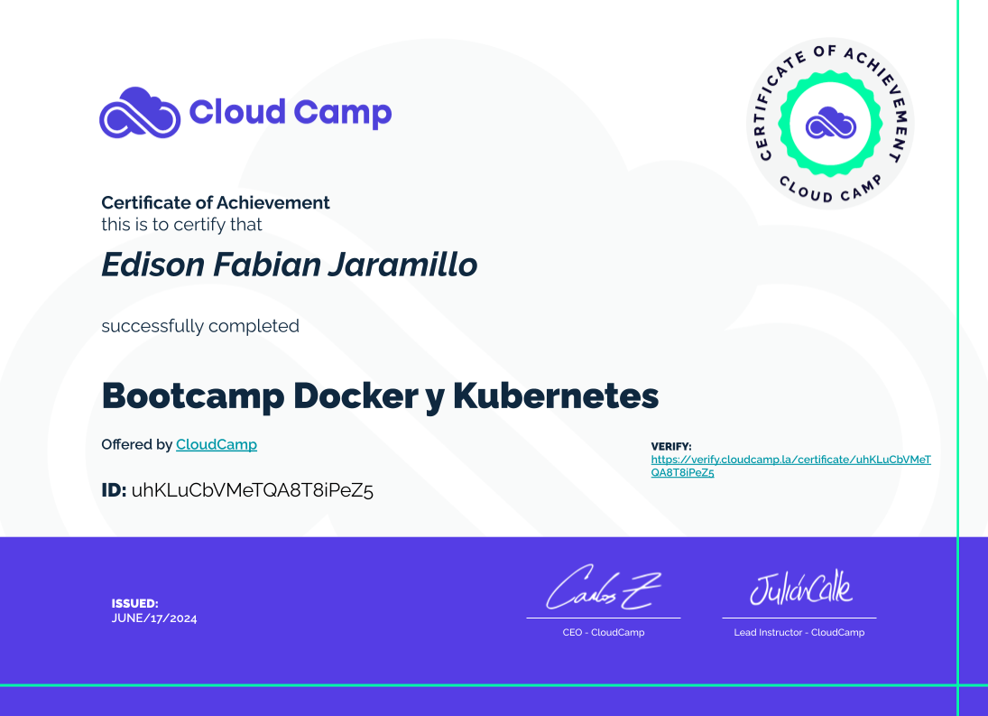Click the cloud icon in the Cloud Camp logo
[x=140, y=113]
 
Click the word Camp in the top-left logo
[x=343, y=114]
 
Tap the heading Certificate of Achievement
[x=216, y=202]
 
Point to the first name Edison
[x=153, y=264]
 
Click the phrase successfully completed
[x=200, y=326]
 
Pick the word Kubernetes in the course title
[x=556, y=395]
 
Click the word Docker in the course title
[x=355, y=395]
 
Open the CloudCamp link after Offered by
[x=217, y=444]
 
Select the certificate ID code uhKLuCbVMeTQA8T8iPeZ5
[x=252, y=490]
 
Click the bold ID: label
[x=114, y=490]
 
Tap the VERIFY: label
[x=671, y=446]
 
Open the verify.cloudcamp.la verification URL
[x=790, y=466]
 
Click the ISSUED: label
[x=134, y=603]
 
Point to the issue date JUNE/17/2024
[x=154, y=618]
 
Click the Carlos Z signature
[x=603, y=588]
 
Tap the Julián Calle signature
[x=801, y=588]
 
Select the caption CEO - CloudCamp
[x=604, y=632]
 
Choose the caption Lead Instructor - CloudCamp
[x=799, y=632]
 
